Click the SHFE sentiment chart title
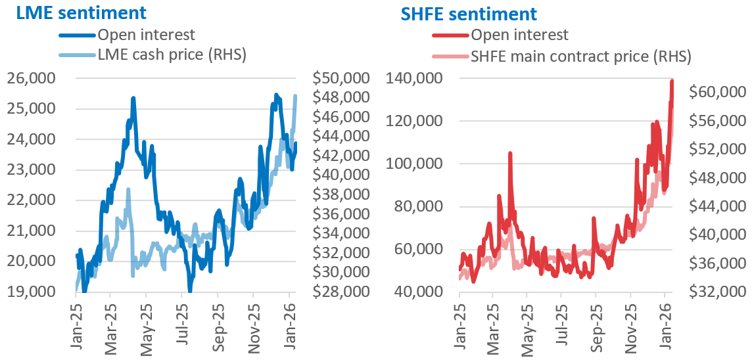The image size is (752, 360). (x=467, y=13)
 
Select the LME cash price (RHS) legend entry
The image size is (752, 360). (x=172, y=55)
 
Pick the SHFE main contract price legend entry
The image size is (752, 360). (x=581, y=56)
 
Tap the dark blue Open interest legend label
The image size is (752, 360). (x=147, y=35)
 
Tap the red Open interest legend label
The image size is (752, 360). (x=520, y=35)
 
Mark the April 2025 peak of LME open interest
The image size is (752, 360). (x=133, y=99)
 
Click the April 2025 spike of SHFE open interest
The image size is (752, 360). (x=510, y=153)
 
